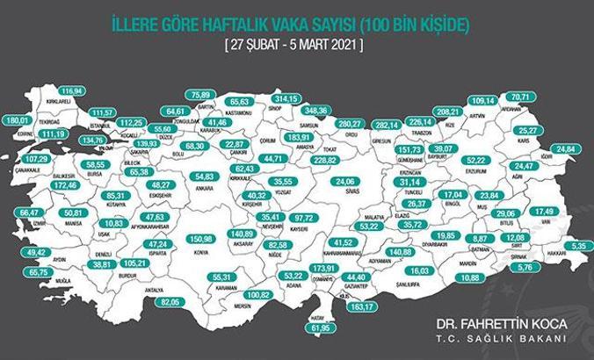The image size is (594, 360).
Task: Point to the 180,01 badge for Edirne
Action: pyautogui.click(x=17, y=120)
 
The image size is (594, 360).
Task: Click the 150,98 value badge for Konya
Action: pyautogui.click(x=202, y=238)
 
